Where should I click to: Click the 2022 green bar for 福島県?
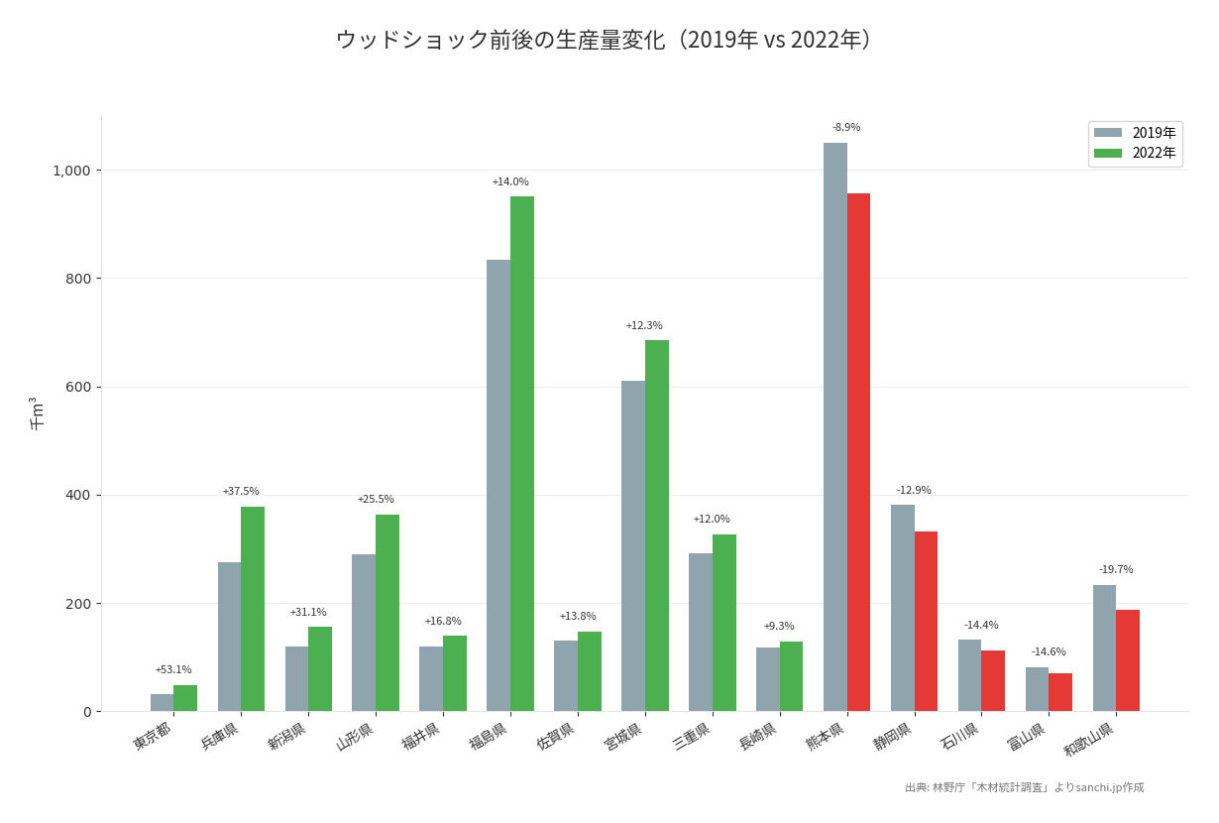(522, 453)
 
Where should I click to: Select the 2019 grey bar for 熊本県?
(834, 426)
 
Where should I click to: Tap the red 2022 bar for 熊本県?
(858, 452)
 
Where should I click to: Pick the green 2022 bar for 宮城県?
(657, 526)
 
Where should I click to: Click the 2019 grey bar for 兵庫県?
(229, 637)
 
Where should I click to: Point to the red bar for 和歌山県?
(1128, 660)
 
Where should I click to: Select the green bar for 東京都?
(185, 698)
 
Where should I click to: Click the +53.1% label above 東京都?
(173, 670)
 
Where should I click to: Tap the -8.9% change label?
(846, 128)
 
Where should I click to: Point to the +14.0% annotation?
(510, 182)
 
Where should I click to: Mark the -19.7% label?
(1116, 570)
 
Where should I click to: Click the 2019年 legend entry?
(1135, 133)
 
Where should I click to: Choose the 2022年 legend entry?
(1135, 153)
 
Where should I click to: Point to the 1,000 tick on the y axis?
(71, 171)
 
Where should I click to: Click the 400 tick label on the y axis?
(78, 495)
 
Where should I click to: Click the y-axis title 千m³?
(37, 412)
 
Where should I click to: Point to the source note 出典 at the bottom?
(1024, 787)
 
